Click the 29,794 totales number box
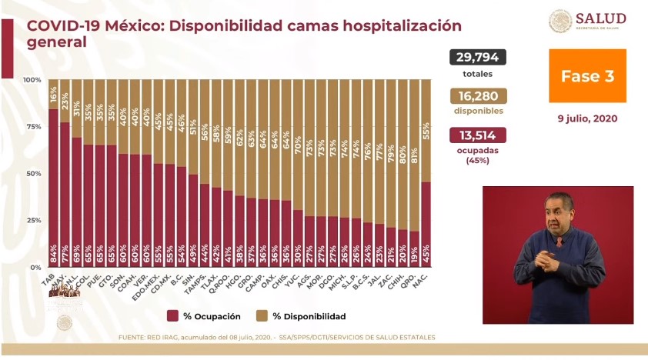click(x=477, y=58)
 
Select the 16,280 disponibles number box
click(x=477, y=96)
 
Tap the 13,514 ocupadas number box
click(x=477, y=135)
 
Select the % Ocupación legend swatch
click(x=174, y=316)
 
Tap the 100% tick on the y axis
click(x=32, y=80)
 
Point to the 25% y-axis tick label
click(x=32, y=220)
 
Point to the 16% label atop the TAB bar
click(x=53, y=95)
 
